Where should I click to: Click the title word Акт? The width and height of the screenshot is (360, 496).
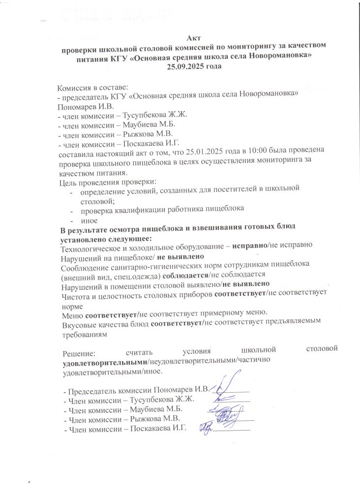pos(193,37)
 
